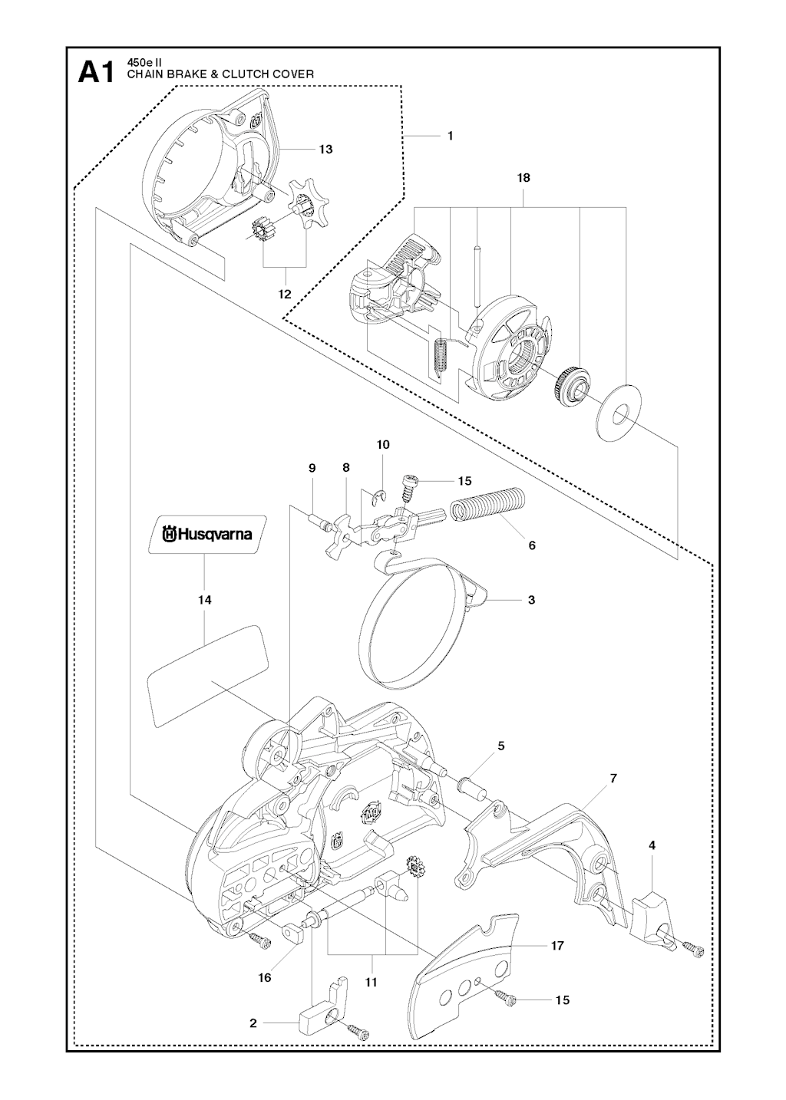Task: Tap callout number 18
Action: pos(523,178)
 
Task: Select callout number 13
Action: pos(325,150)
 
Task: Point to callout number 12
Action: pos(285,295)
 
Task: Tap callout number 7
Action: pos(613,779)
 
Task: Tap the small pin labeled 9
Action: pos(317,520)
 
